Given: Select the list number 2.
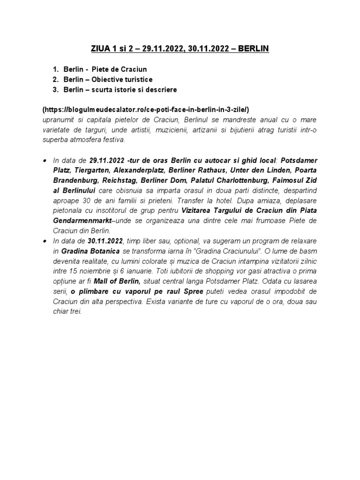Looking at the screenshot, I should [x=55, y=79].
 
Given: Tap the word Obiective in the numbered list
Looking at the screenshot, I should [x=109, y=79].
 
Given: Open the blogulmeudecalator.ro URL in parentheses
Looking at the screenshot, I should [x=146, y=109].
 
